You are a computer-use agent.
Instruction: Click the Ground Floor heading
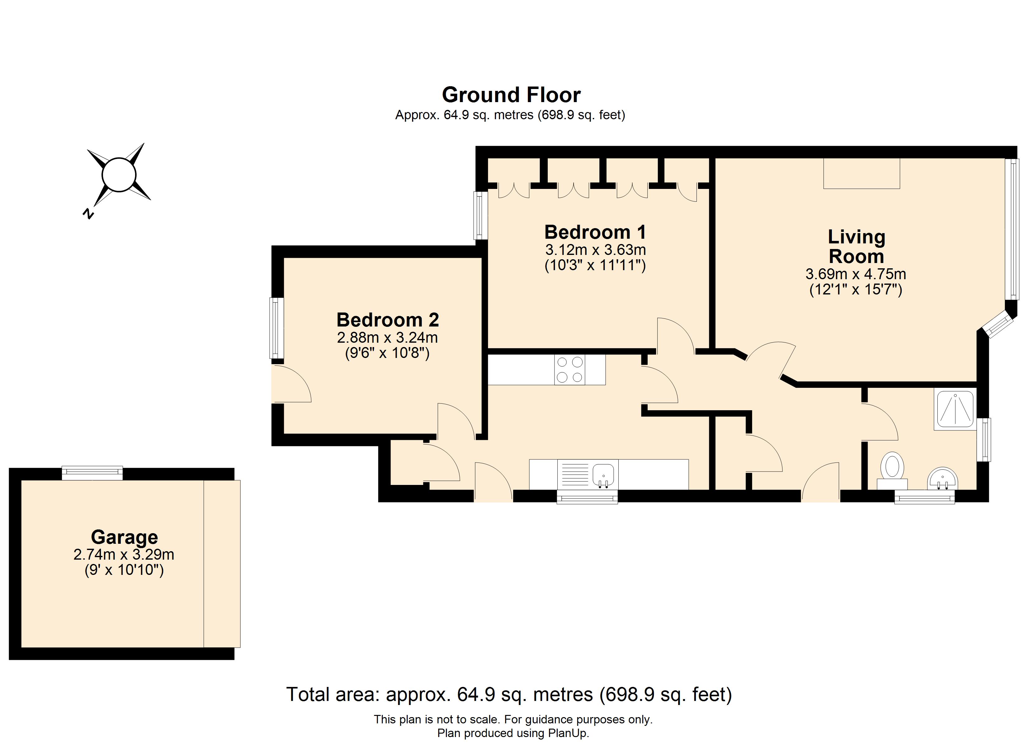(x=511, y=95)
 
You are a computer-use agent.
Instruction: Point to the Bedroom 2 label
(x=388, y=320)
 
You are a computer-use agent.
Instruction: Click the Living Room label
(x=856, y=247)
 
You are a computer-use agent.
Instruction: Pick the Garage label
(x=124, y=537)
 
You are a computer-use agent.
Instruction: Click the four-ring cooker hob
(x=570, y=370)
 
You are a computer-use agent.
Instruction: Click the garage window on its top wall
(x=92, y=473)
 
